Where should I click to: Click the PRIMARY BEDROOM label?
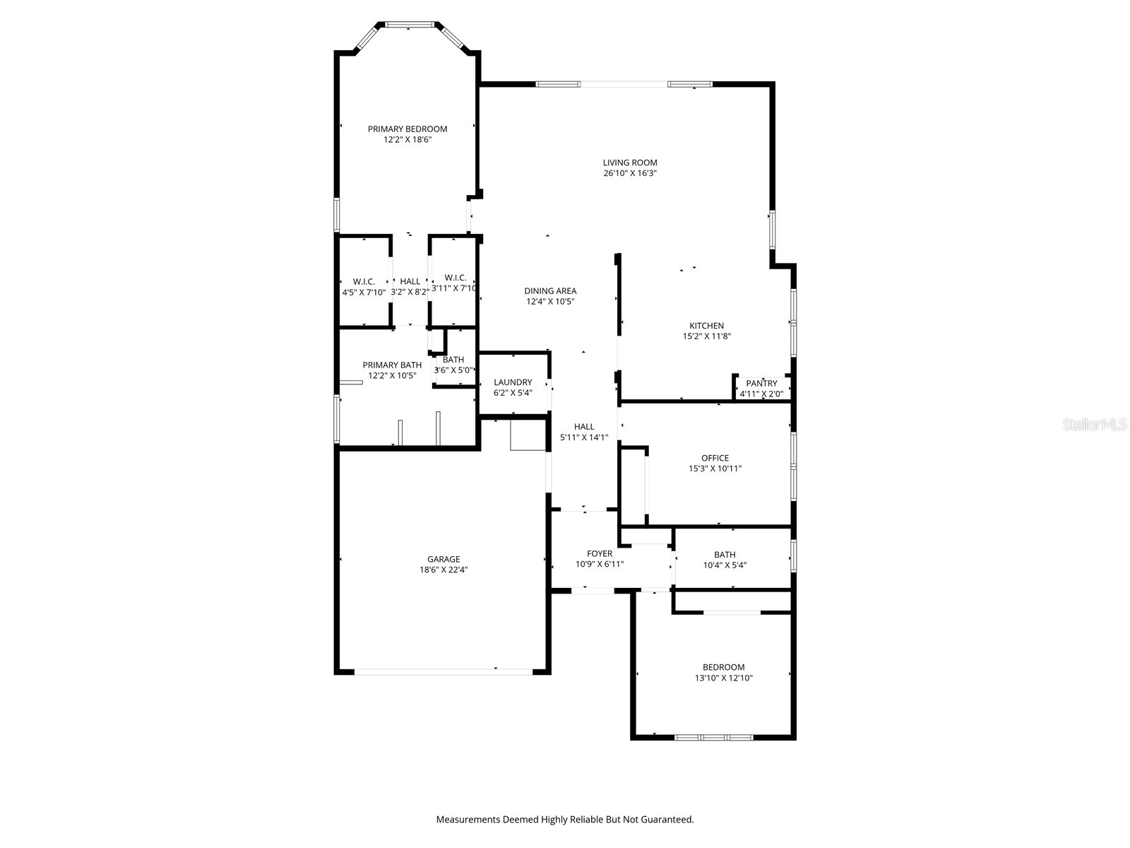(408, 129)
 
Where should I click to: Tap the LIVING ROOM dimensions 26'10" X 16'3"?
(630, 173)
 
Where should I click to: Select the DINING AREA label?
(550, 290)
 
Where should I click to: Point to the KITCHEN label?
(706, 326)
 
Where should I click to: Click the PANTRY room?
(761, 388)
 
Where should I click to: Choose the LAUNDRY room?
(513, 387)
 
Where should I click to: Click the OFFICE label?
(715, 458)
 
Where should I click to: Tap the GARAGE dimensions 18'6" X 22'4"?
(444, 570)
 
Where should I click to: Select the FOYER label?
(600, 553)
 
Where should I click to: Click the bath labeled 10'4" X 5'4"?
(725, 560)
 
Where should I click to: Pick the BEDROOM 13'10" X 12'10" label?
(723, 667)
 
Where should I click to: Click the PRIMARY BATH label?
(392, 365)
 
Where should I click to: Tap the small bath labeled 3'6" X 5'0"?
(453, 365)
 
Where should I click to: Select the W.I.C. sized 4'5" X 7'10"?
(364, 286)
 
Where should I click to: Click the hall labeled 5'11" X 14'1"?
(584, 432)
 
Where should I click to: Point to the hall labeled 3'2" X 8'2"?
(410, 286)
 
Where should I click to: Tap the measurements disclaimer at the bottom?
(564, 820)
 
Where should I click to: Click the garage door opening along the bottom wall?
(443, 671)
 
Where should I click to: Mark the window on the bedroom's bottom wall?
(713, 737)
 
